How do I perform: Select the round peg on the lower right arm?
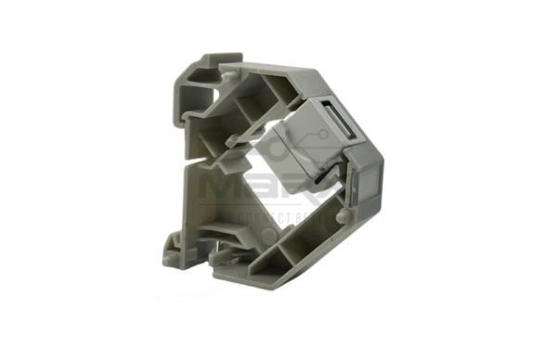(343, 215)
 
